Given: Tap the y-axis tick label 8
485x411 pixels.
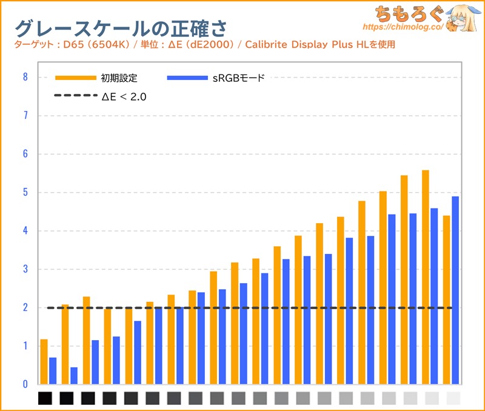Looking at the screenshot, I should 25,77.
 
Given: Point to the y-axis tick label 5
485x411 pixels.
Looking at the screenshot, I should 25,192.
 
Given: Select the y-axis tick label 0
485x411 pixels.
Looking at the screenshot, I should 25,384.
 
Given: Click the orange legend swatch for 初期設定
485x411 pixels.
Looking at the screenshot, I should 75,78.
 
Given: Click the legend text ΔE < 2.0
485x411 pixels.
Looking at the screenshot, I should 124,96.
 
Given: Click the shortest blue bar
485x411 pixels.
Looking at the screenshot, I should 74,375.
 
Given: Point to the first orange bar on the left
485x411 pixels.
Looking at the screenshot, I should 44,361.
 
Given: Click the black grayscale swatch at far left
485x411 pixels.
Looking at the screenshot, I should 45,398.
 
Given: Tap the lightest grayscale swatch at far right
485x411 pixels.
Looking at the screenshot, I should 453,398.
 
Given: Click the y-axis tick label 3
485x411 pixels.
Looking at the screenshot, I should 25,269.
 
